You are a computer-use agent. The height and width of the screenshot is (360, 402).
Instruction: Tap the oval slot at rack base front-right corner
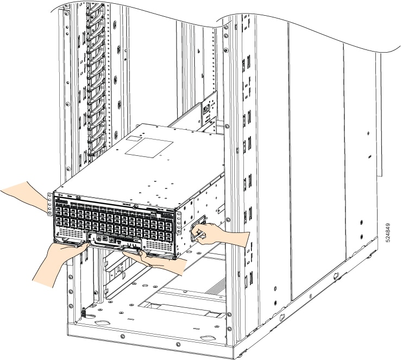pyautogui.click(x=209, y=339)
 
